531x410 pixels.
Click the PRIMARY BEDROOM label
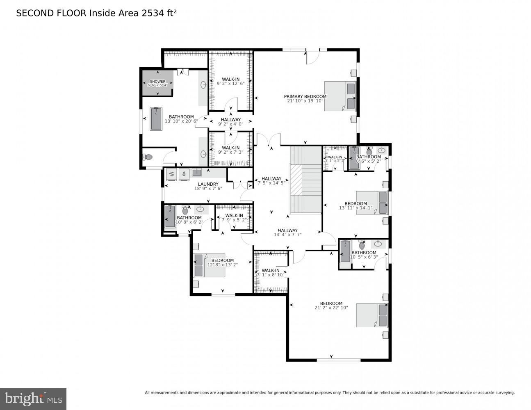pos(305,97)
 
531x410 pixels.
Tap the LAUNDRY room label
pos(208,184)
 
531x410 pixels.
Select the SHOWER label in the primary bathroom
pos(157,82)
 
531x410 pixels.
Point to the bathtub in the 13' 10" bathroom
pos(156,119)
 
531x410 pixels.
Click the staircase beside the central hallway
pos(305,180)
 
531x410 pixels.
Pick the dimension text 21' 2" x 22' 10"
pos(331,307)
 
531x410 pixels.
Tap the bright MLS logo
pos(33,399)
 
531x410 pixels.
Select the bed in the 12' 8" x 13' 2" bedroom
pos(209,265)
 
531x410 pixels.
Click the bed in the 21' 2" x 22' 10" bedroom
pos(371,315)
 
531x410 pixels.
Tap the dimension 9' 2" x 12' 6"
pos(230,84)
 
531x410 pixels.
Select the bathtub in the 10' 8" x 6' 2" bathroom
pos(170,216)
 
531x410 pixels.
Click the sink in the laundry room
pos(197,172)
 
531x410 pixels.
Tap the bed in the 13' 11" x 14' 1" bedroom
pos(371,202)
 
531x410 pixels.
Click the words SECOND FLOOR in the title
pos(51,13)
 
